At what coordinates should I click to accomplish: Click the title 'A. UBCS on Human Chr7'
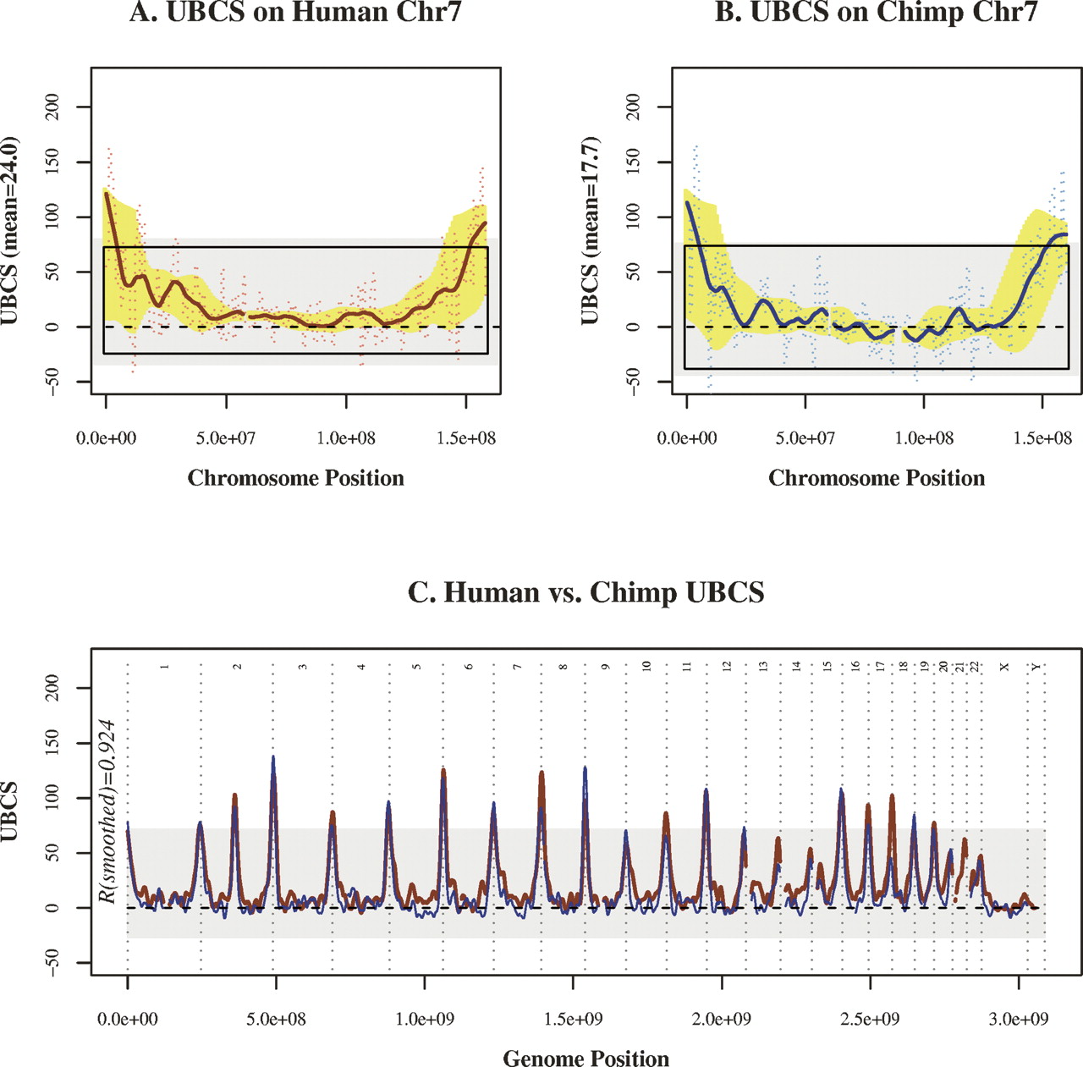point(295,12)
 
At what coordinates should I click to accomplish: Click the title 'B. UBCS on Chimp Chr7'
point(876,12)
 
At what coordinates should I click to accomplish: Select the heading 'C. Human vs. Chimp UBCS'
point(585,592)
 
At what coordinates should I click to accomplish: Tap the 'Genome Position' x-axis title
point(585,1059)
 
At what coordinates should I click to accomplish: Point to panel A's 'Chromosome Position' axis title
point(295,478)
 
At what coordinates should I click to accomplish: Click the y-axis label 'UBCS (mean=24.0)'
point(10,231)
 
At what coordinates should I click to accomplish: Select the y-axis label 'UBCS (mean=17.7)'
point(590,231)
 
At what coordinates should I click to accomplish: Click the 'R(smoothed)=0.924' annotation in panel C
point(107,811)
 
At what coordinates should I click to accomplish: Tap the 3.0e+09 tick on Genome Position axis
point(1018,1019)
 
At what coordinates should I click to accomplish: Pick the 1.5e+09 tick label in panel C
point(573,1019)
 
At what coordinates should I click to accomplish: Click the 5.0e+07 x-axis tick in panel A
point(226,438)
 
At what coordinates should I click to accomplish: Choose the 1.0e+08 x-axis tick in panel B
point(924,438)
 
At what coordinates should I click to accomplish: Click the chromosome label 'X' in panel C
point(1004,668)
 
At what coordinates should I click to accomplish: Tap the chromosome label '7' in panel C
point(517,668)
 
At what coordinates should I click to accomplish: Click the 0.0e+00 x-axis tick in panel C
point(128,1019)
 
